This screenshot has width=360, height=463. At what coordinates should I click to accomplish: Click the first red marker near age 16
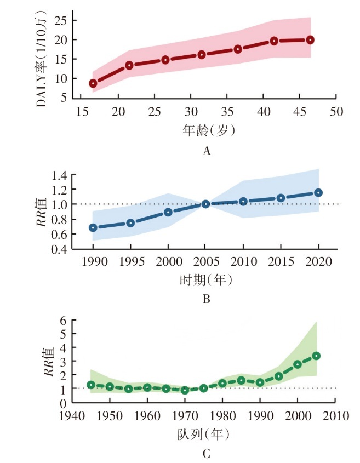coord(93,83)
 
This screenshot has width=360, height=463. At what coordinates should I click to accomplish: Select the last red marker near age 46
coord(310,40)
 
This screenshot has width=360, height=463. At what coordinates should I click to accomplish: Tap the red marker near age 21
coord(129,65)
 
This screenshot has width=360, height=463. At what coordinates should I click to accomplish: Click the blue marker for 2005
coord(205,204)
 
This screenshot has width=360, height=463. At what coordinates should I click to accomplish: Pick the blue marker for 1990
coord(93,227)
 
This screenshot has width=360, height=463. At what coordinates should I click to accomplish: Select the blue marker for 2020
coord(318,192)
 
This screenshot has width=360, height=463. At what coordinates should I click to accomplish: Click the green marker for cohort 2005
coord(316,356)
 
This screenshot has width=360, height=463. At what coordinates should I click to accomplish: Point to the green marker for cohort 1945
coord(91,385)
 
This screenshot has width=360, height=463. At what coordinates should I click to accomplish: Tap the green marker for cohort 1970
coord(185,390)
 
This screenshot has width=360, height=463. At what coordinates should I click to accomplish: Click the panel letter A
coord(206,151)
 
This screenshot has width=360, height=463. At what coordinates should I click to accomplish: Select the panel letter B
coord(207,299)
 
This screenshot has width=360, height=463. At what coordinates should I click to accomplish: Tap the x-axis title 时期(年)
coord(205,279)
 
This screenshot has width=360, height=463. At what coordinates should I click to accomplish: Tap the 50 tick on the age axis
coord(336,111)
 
